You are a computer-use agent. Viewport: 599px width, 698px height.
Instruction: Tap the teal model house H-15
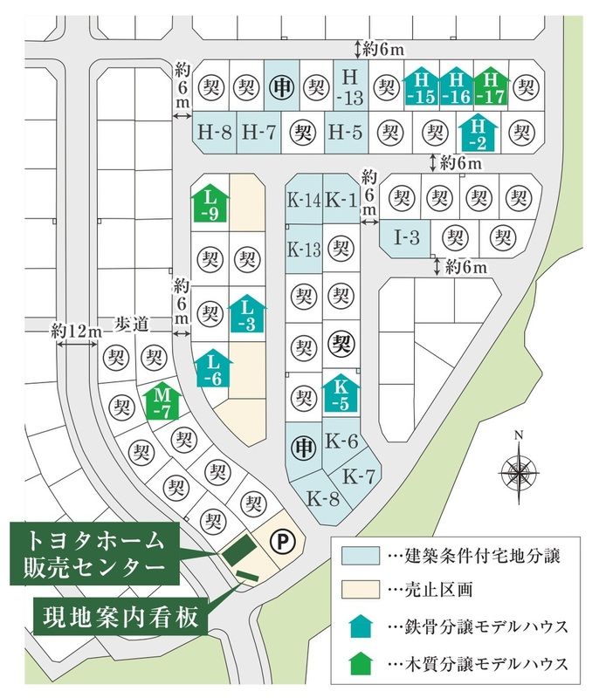pos(421,88)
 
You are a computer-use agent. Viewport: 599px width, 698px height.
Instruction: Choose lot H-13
pos(351,86)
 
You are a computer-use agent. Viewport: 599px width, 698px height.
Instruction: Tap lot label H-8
pos(214,133)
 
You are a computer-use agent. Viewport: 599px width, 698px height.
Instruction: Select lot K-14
pos(304,202)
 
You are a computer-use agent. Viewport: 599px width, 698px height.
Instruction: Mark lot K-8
pos(322,498)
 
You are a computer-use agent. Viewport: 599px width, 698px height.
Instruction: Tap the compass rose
pos(518,472)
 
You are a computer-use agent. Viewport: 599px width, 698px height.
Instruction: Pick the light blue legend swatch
pos(361,555)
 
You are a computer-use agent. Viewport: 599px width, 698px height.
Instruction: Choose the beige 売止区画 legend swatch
pos(361,591)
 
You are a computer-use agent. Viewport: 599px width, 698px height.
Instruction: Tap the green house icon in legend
pos(361,663)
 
